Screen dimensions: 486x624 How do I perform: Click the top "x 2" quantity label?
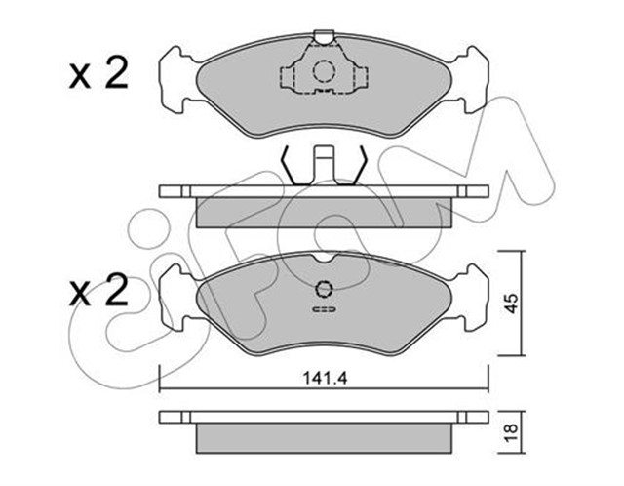click(98, 75)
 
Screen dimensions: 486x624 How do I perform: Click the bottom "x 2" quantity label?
click(98, 292)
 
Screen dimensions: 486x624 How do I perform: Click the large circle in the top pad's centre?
click(323, 71)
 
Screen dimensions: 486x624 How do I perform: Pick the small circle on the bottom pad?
click(324, 288)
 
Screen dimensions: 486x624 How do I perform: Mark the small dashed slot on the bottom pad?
click(323, 310)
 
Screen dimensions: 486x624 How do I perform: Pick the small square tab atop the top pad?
click(323, 39)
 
